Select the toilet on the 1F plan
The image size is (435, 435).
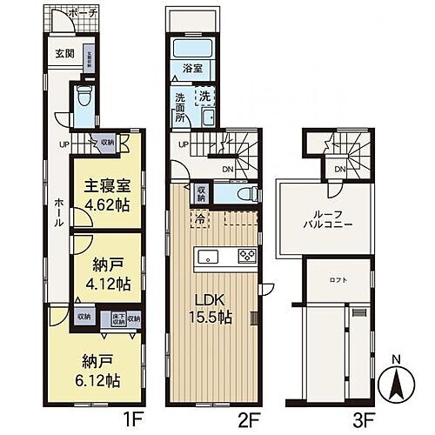tap(83, 95)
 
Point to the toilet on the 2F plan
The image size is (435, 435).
tap(246, 193)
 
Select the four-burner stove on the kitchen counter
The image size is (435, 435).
tap(245, 256)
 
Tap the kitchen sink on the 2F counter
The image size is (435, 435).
tap(210, 256)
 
